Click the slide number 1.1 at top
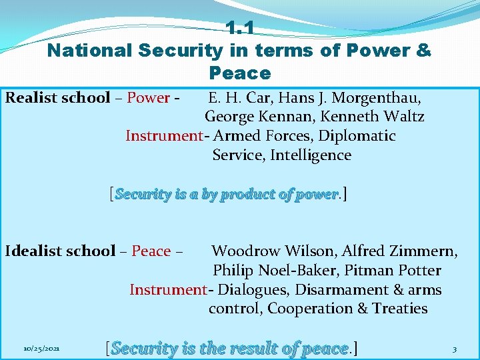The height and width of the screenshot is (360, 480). click(x=240, y=28)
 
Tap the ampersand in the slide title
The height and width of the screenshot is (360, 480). click(x=423, y=51)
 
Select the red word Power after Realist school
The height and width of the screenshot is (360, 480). click(x=148, y=98)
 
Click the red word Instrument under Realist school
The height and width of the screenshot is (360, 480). click(x=164, y=136)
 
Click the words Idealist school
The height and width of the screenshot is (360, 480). click(x=60, y=251)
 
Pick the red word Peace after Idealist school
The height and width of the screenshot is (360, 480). click(x=151, y=251)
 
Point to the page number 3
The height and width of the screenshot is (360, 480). click(x=454, y=349)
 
